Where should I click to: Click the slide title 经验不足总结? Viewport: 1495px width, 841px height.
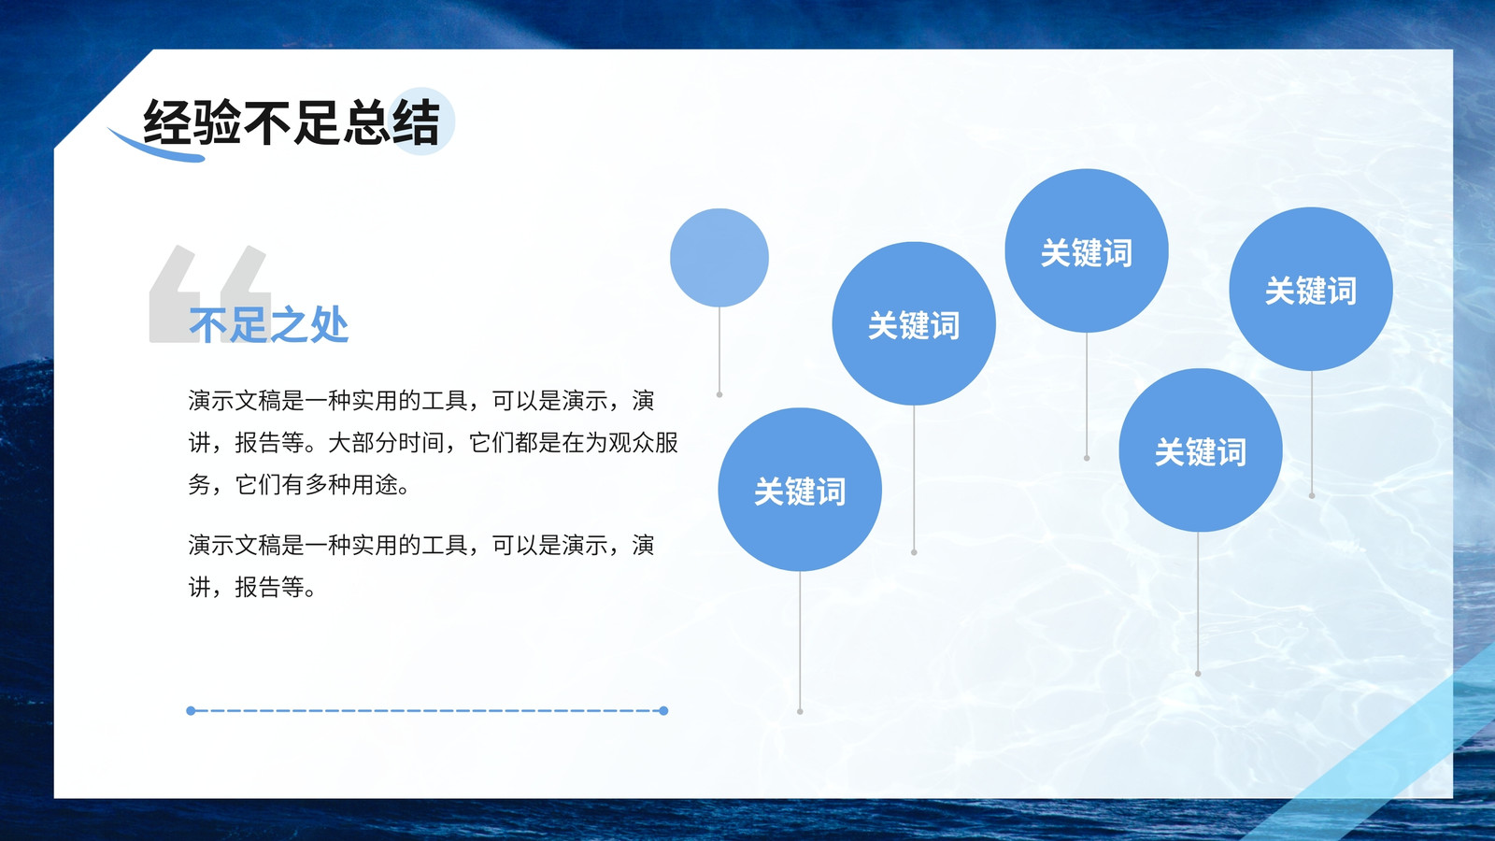point(292,122)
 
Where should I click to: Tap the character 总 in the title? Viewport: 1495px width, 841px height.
point(366,122)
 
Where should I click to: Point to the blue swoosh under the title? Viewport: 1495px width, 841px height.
point(155,147)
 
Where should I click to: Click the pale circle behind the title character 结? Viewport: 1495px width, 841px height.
point(420,121)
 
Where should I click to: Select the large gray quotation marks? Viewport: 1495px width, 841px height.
point(209,293)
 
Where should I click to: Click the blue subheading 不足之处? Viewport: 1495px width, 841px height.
point(269,325)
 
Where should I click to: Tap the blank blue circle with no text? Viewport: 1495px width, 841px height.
point(719,258)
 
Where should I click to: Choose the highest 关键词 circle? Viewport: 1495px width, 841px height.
point(1087,250)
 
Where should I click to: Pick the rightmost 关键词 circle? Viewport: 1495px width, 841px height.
point(1311,289)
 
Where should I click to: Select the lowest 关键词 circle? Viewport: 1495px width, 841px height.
point(800,490)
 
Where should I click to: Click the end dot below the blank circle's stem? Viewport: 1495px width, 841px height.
point(719,395)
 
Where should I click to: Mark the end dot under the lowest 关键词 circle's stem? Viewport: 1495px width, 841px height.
point(800,711)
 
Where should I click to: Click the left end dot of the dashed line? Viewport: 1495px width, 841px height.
point(191,711)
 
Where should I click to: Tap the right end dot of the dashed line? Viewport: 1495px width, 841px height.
point(663,711)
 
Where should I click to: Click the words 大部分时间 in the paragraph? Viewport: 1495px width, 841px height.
point(387,443)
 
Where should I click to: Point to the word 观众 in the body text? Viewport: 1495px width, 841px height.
point(632,443)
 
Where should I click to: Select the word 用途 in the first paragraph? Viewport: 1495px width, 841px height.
point(375,485)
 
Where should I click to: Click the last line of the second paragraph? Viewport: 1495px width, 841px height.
point(252,588)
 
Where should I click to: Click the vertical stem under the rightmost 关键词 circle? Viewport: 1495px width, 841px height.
point(1312,434)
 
